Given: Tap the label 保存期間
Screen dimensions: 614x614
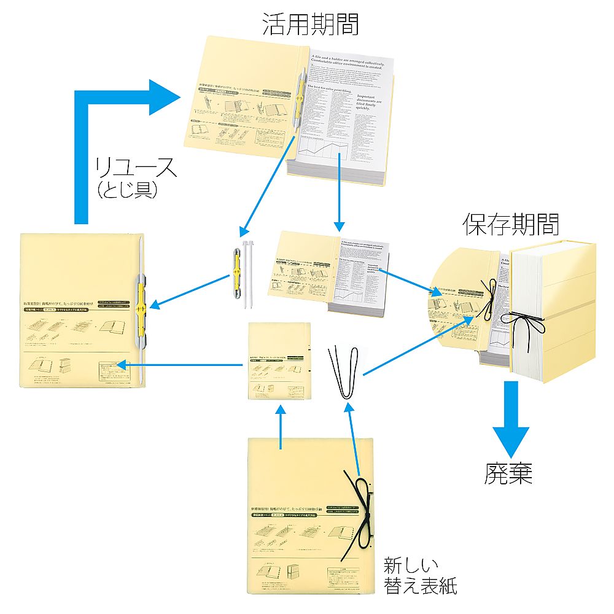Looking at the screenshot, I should (x=511, y=225).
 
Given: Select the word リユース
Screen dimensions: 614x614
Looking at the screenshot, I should (x=136, y=168).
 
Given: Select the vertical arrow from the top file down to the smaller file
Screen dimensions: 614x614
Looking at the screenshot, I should (x=338, y=190).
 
